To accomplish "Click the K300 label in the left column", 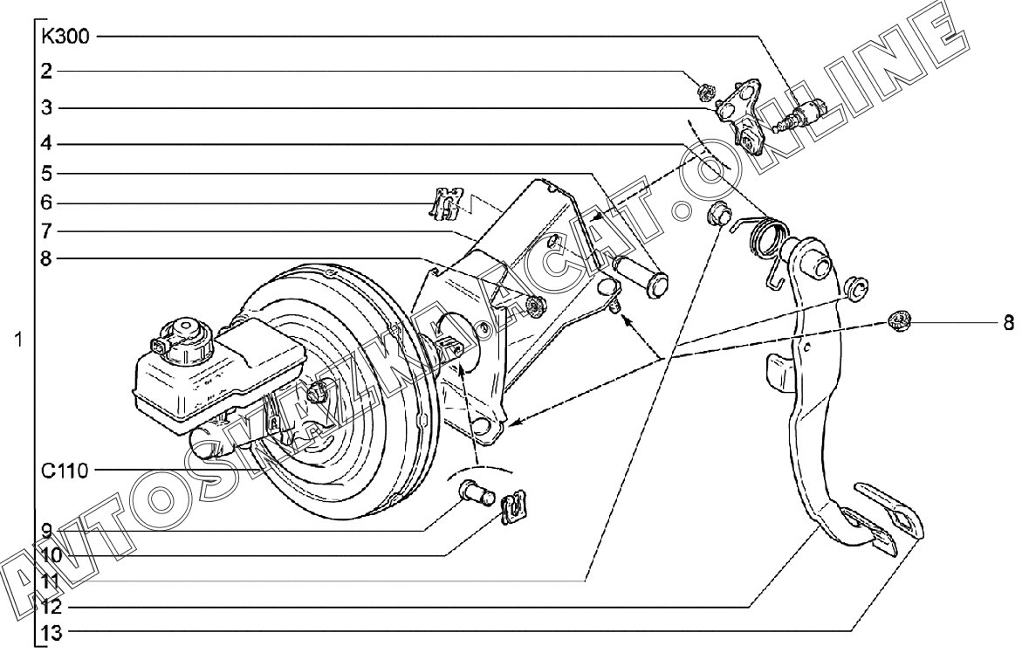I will click(x=65, y=37).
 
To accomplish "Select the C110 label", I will click(x=65, y=471).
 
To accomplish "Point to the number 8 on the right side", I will click(x=1008, y=323).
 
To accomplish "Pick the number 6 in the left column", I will click(x=47, y=203).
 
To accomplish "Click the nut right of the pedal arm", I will click(x=896, y=320).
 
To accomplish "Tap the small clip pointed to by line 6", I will click(x=449, y=204).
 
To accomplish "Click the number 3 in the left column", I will click(x=47, y=108).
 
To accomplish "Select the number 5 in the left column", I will click(x=47, y=173).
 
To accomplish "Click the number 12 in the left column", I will click(x=51, y=605).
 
